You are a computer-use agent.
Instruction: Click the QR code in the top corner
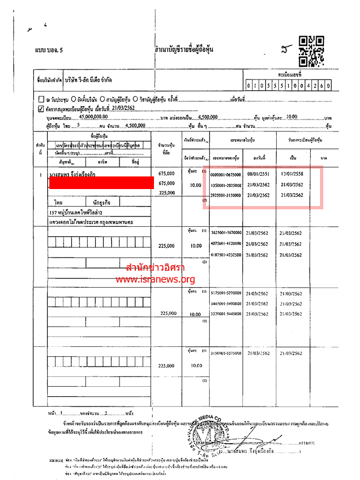pyautogui.click(x=311, y=50)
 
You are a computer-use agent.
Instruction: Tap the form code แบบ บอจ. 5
pyautogui.click(x=49, y=50)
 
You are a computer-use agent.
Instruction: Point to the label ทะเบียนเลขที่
pyautogui.click(x=290, y=74)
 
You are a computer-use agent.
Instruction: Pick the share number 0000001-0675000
pyautogui.click(x=226, y=174)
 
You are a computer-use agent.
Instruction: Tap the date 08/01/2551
pyautogui.click(x=257, y=174)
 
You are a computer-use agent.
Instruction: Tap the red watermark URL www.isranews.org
pyautogui.click(x=155, y=279)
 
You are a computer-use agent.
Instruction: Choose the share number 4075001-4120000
pyautogui.click(x=226, y=244)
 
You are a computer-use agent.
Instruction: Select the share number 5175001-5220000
pyautogui.click(x=226, y=293)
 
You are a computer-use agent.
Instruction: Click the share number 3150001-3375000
pyautogui.click(x=226, y=353)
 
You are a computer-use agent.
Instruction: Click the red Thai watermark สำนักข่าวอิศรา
pyautogui.click(x=155, y=268)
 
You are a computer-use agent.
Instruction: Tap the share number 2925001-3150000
pyautogui.click(x=226, y=195)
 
